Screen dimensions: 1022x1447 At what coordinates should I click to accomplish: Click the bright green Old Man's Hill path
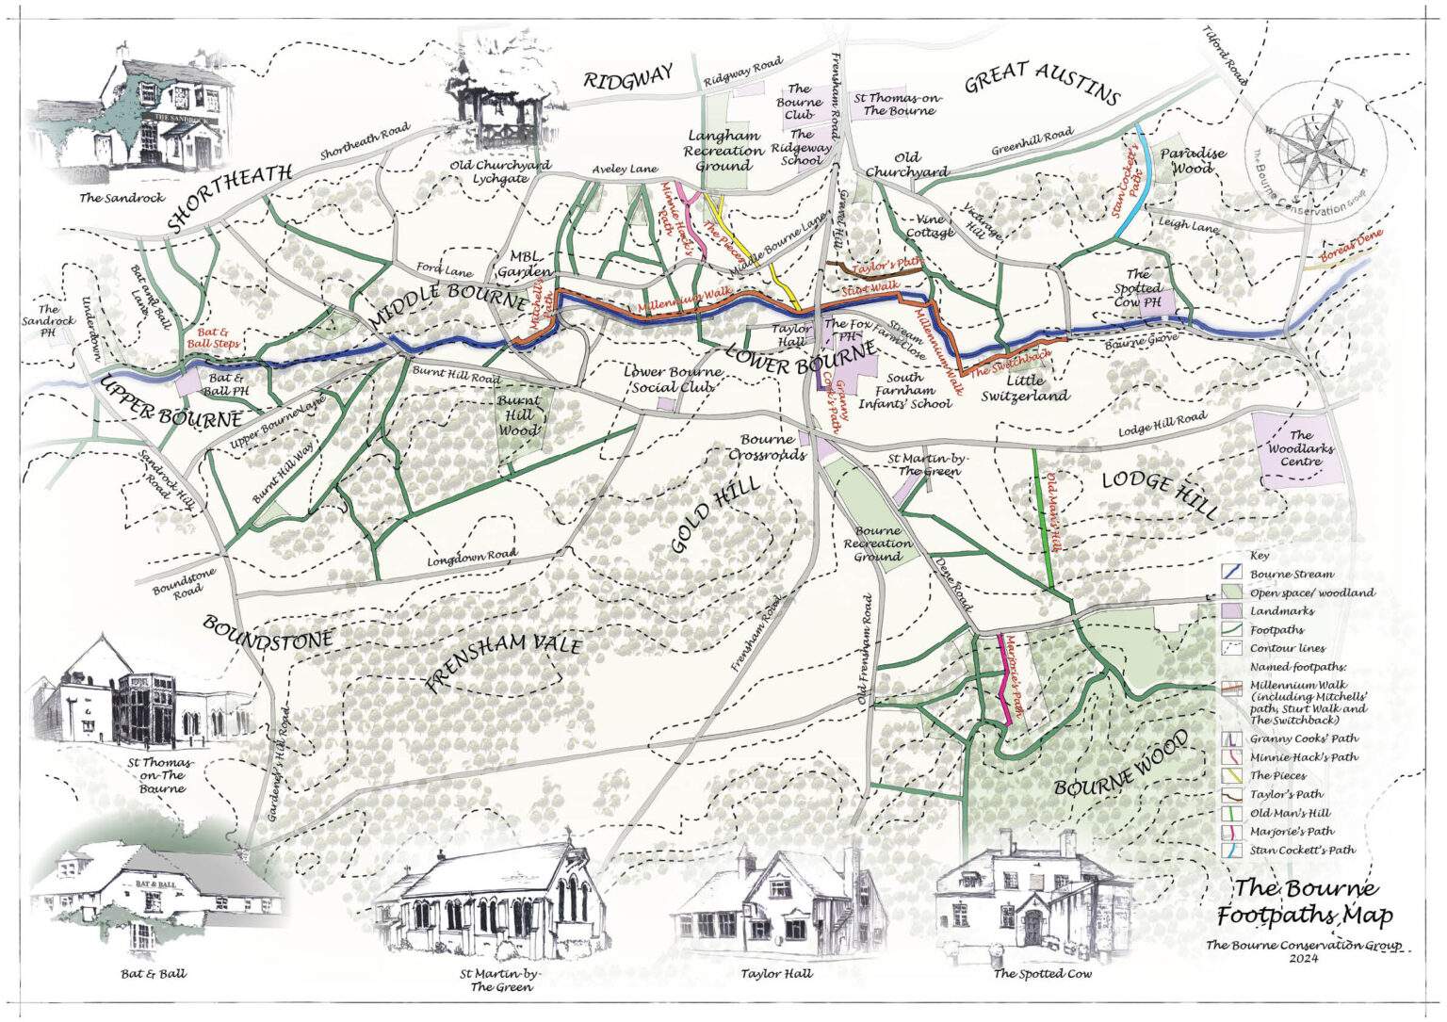[x=1042, y=518]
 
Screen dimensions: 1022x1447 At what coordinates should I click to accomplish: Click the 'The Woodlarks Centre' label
[x=1300, y=448]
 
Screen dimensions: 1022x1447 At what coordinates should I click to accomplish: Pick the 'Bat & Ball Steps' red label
[x=214, y=338]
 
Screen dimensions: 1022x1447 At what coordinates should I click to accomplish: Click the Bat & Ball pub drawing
[x=155, y=895]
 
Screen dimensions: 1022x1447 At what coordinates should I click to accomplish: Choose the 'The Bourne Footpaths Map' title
[x=1305, y=901]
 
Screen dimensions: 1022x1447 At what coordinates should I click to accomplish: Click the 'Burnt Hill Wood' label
[x=518, y=414]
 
